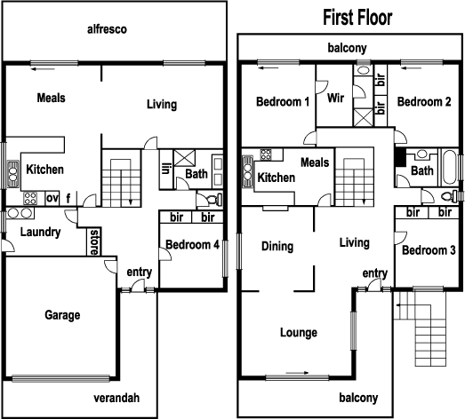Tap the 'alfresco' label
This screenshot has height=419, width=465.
point(107,28)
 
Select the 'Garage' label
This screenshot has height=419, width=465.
point(62,315)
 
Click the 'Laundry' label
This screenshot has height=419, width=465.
point(41,233)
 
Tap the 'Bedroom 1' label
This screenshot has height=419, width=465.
point(282,102)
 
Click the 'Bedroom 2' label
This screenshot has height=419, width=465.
point(422,102)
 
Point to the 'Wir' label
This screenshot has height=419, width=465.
point(335,98)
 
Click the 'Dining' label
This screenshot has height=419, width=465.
point(278,246)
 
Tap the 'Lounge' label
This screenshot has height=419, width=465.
point(298,333)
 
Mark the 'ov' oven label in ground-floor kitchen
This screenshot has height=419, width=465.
point(52,198)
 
